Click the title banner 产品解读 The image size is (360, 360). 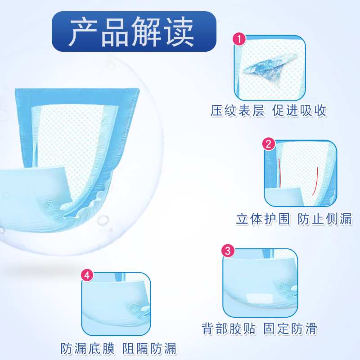click(134, 31)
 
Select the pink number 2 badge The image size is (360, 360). click(269, 144)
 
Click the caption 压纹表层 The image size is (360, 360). click(238, 111)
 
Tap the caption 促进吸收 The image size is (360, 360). click(300, 111)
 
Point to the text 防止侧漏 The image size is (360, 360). click(325, 219)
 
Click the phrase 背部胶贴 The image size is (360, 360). click(229, 329)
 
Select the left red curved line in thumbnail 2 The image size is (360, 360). click(279, 171)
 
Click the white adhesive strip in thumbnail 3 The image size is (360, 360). click(261, 298)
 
